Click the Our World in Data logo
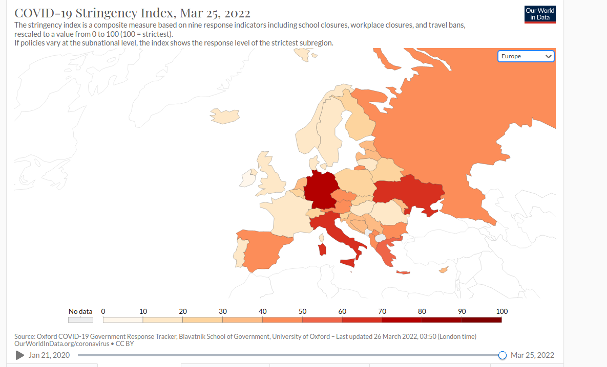coord(540,14)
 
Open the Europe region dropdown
coord(526,56)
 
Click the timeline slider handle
coord(503,355)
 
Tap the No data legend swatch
coord(81,320)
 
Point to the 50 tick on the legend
coord(302,311)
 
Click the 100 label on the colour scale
coord(501,311)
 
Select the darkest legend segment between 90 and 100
coord(482,320)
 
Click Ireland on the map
coord(248,178)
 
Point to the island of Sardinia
coord(322,250)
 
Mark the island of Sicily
coord(348,263)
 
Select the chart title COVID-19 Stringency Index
coord(133,13)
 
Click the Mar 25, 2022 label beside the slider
coord(532,355)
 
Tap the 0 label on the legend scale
coord(103,311)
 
